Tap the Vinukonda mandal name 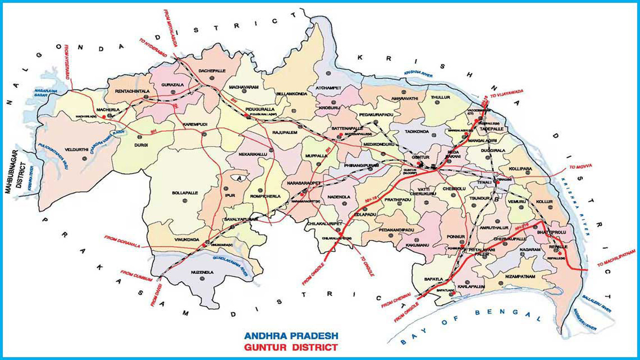[184, 239]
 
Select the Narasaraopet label [302, 183]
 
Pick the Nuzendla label [202, 272]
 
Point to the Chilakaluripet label [325, 223]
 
